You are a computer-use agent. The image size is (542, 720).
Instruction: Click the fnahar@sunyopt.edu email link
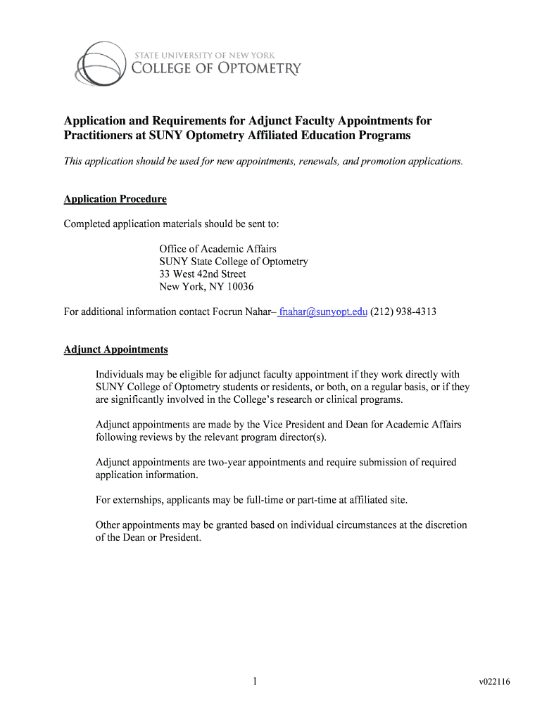click(x=323, y=311)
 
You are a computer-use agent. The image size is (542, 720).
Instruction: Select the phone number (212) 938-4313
click(x=403, y=311)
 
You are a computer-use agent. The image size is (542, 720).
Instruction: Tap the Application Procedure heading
click(x=115, y=199)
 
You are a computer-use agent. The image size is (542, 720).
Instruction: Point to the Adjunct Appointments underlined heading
click(x=115, y=349)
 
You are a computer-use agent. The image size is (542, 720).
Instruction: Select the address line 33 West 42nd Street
click(x=202, y=274)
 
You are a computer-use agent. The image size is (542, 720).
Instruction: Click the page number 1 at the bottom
click(x=257, y=681)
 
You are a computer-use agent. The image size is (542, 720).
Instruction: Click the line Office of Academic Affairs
click(x=218, y=249)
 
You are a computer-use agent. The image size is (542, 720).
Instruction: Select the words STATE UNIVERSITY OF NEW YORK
click(x=203, y=54)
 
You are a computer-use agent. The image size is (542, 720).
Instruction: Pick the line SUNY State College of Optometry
click(x=233, y=262)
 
